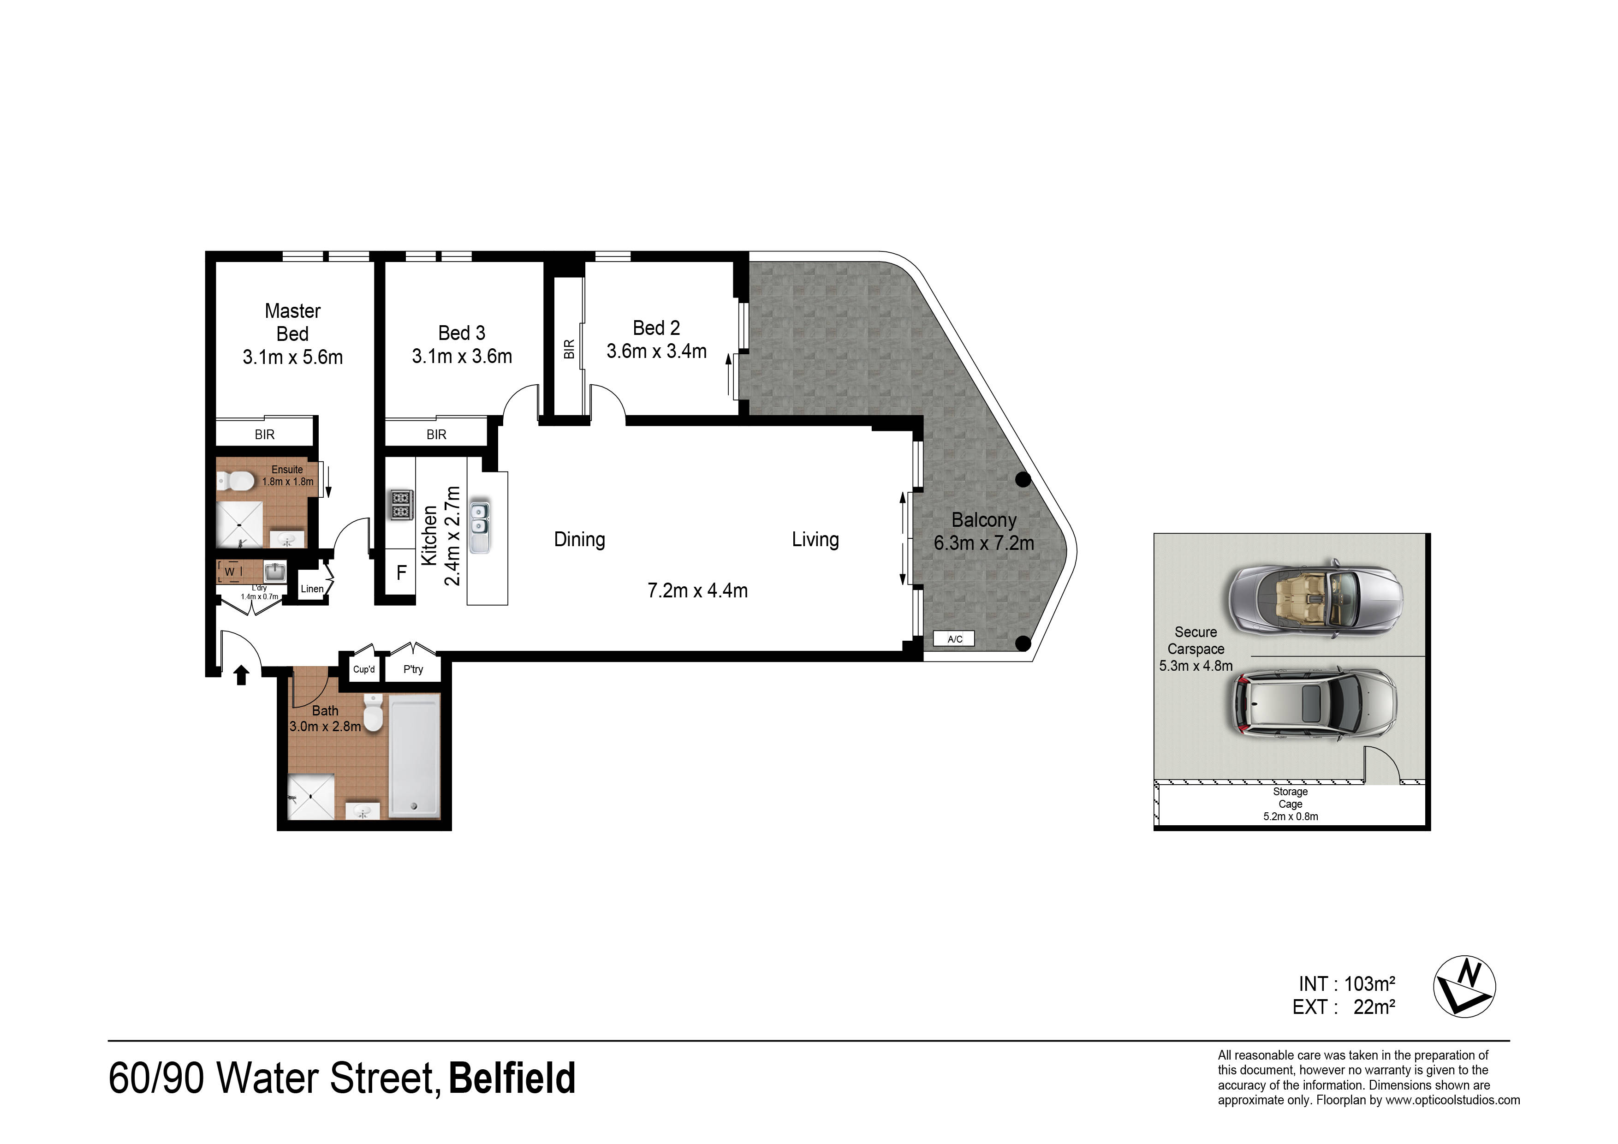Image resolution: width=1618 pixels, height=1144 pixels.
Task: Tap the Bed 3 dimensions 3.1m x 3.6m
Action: point(462,356)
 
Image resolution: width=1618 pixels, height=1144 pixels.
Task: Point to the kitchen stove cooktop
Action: point(402,505)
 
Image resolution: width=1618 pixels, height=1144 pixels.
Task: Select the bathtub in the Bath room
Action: point(415,757)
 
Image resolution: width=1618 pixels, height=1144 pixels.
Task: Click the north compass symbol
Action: point(1464,986)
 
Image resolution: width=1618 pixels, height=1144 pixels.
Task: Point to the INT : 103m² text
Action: point(1347,983)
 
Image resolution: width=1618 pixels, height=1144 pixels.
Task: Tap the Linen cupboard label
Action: point(312,589)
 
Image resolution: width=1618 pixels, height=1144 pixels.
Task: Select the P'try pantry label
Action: point(413,669)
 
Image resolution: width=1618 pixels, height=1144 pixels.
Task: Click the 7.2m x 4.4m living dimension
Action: point(698,590)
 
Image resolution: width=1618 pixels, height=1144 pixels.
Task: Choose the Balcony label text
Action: point(984,520)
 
